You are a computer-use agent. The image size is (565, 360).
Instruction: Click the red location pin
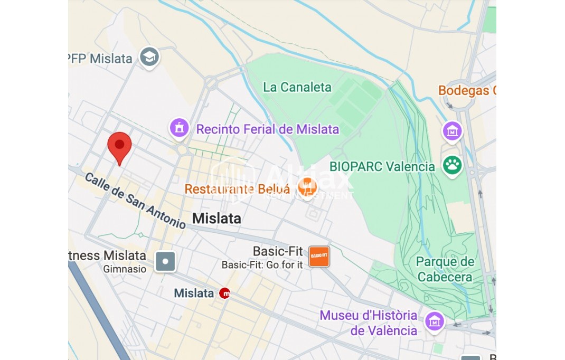119,145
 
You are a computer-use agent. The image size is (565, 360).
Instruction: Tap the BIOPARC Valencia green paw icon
452,165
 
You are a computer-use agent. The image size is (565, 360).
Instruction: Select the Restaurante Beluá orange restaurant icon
307,186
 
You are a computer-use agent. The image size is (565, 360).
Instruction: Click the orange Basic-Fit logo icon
319,256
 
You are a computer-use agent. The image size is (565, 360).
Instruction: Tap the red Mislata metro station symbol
224,293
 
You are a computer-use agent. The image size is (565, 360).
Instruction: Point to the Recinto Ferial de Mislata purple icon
180,127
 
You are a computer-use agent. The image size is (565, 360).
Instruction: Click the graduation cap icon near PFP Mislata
149,57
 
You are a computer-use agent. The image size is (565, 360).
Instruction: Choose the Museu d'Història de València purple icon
435,320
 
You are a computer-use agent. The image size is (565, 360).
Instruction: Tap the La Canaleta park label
297,87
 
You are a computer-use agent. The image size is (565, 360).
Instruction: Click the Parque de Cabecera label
445,269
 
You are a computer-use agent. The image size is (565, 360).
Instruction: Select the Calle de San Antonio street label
135,201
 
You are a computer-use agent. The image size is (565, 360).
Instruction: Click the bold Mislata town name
216,218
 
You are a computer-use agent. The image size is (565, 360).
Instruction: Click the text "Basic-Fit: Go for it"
262,265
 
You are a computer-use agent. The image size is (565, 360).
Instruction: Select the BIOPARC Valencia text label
382,167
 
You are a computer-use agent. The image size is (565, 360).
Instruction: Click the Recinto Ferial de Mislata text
267,129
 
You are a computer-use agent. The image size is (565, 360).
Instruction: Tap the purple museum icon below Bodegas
452,131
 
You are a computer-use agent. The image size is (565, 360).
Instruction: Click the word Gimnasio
125,269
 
